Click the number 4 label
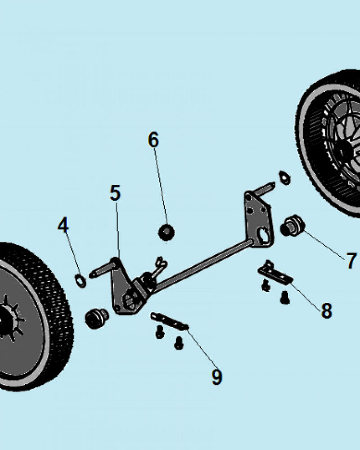[x=63, y=225]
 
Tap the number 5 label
[x=115, y=193]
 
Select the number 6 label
[x=153, y=140]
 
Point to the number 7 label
[x=351, y=261]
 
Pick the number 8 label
[x=326, y=310]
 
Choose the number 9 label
[x=217, y=377]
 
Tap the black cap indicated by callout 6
[x=166, y=232]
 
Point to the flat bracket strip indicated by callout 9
[x=169, y=320]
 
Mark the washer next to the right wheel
[x=284, y=177]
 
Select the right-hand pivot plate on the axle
[x=258, y=220]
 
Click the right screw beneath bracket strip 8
[x=284, y=297]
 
